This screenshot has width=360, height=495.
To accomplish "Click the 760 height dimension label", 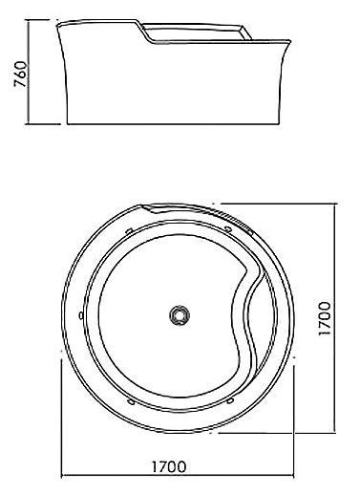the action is coord(21,75).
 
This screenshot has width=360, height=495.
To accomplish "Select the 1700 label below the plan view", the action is coord(168,467).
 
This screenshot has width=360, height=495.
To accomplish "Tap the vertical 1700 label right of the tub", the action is coord(325,318).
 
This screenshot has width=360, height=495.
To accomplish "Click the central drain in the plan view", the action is coord(180,315).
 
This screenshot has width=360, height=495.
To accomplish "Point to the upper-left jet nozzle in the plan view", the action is coord(129,230).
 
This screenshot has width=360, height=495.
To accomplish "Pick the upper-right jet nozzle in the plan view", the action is coord(227,228).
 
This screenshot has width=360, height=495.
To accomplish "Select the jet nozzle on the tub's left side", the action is coord(81,315).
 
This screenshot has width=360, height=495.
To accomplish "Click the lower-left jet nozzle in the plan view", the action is coord(131,401).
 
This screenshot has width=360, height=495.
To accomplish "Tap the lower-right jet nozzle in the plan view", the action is coord(230,400).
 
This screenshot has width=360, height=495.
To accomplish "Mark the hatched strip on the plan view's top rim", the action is coord(233,220).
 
